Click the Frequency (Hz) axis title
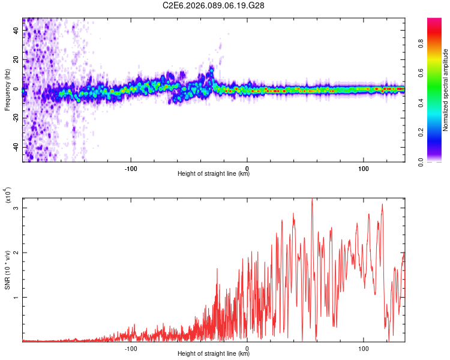tap(7, 90)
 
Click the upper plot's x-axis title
tap(214, 174)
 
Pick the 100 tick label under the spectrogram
tap(364, 167)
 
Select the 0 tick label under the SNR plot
tap(247, 347)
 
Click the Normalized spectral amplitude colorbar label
tap(445, 90)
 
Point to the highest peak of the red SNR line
tap(312, 199)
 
